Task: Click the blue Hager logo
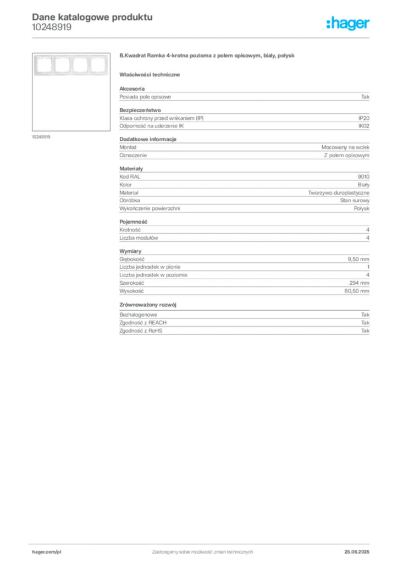[349, 24]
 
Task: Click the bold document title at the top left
[91, 16]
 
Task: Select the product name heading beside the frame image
[209, 57]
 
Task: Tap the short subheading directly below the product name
[151, 74]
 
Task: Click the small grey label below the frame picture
[42, 137]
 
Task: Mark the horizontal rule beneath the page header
[202, 37]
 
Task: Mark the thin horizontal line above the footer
[202, 542]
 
